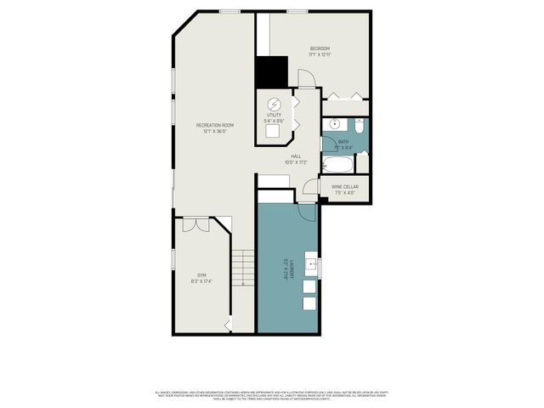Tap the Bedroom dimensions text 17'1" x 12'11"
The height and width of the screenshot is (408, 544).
click(x=320, y=54)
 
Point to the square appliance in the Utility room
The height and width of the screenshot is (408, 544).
click(x=274, y=131)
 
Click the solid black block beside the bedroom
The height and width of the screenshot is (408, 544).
click(x=273, y=71)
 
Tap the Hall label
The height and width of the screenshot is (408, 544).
click(x=296, y=156)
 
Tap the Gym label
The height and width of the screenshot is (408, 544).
click(x=201, y=275)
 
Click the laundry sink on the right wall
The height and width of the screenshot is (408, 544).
click(x=312, y=265)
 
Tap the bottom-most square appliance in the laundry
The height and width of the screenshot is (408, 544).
click(x=309, y=303)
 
